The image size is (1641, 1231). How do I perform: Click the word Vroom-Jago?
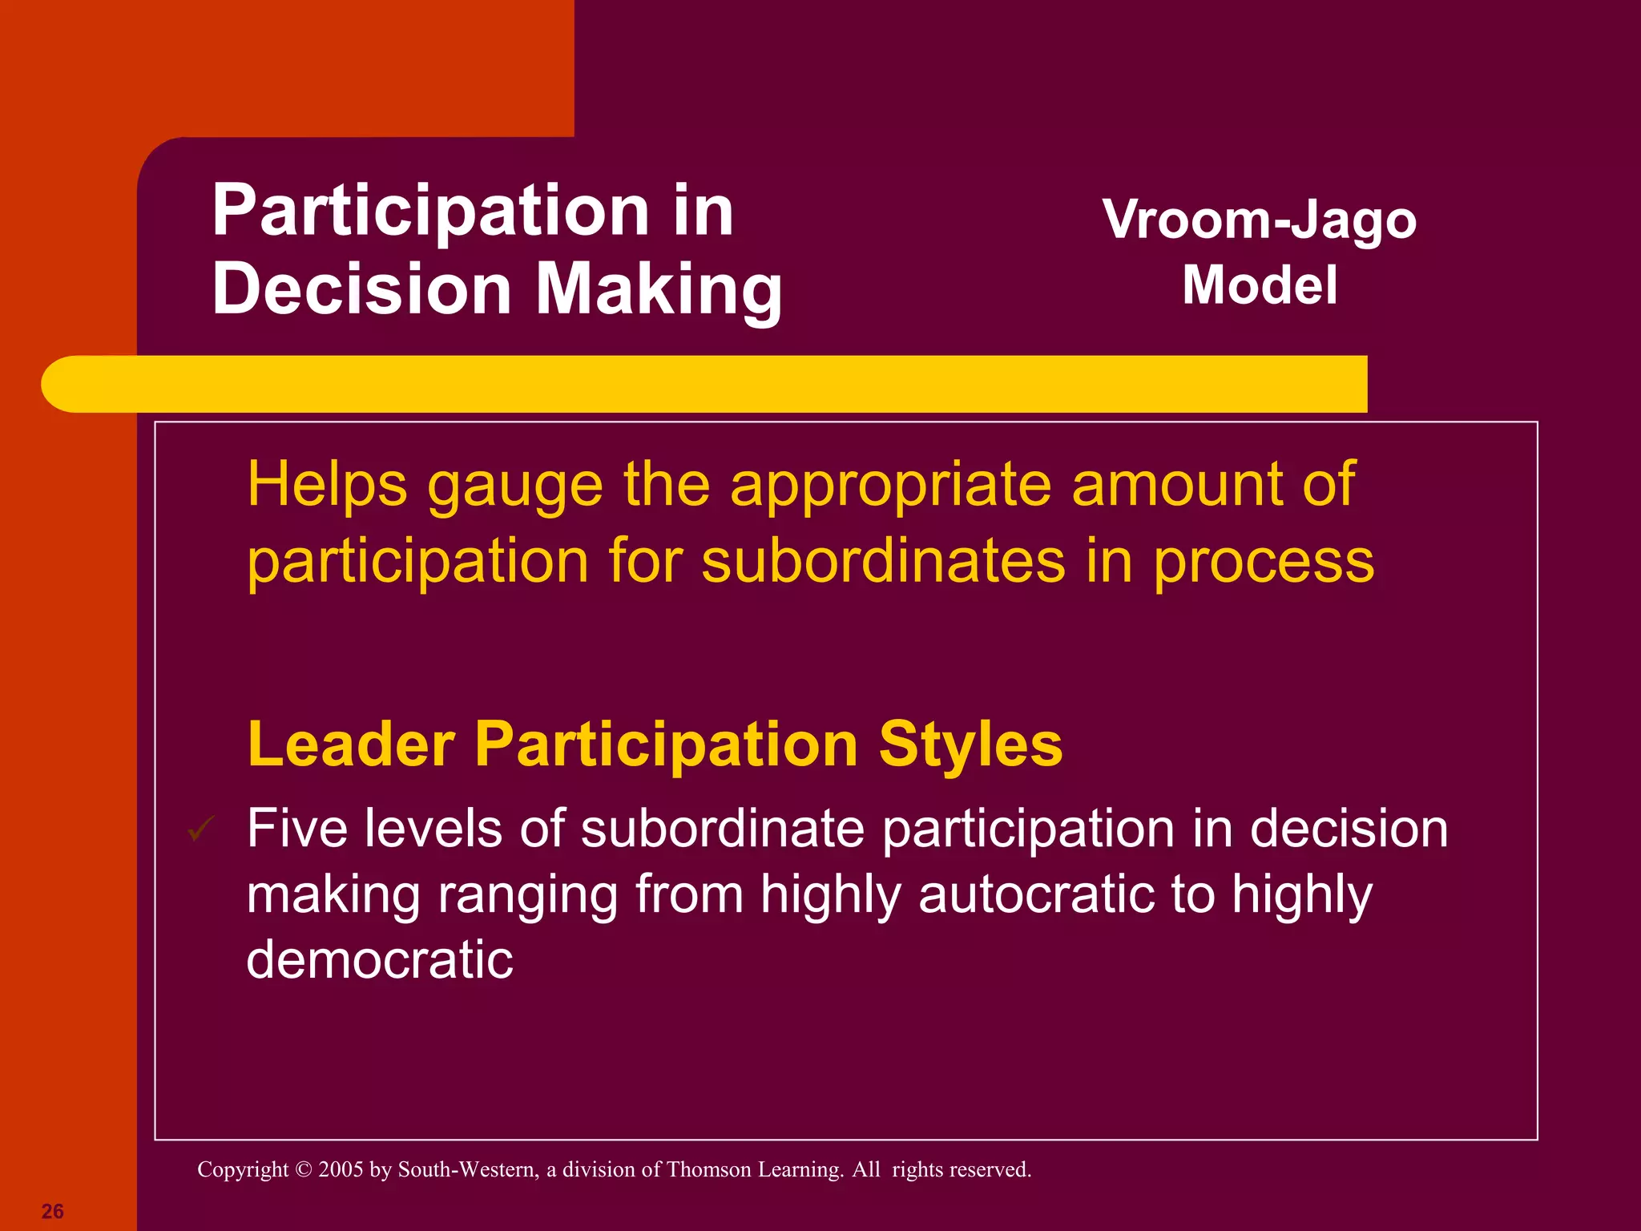(x=1259, y=220)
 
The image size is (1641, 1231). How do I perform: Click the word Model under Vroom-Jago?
(x=1260, y=285)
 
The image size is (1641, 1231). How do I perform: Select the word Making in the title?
(x=659, y=290)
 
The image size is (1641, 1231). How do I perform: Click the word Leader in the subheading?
(x=351, y=745)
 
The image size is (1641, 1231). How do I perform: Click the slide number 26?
(x=52, y=1211)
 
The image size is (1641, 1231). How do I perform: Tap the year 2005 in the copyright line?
(x=341, y=1169)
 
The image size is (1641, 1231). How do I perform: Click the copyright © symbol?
(x=303, y=1169)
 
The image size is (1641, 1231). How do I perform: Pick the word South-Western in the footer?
(x=467, y=1169)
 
